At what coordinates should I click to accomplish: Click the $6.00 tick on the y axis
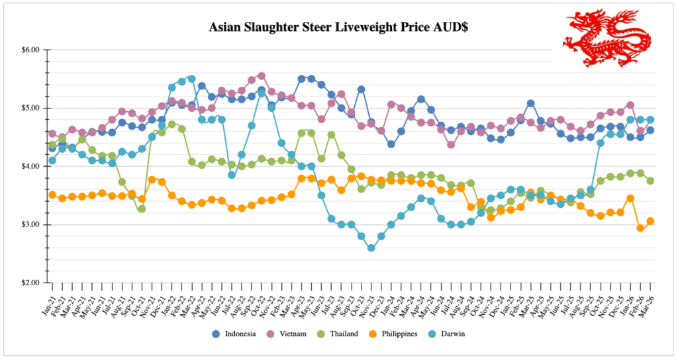coord(30,50)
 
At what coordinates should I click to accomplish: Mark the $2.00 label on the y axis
coord(30,283)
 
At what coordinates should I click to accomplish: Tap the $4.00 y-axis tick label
coord(30,166)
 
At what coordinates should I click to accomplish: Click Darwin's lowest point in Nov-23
coord(371,248)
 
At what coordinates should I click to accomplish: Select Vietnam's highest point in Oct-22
coord(262,76)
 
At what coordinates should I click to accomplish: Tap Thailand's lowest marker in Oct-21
coord(142,209)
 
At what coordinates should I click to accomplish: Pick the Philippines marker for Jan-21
coord(52,195)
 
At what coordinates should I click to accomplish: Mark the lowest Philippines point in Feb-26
coord(640,228)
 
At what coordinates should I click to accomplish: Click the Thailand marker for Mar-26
coord(650,181)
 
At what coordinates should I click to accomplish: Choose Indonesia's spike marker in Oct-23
coord(362,89)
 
